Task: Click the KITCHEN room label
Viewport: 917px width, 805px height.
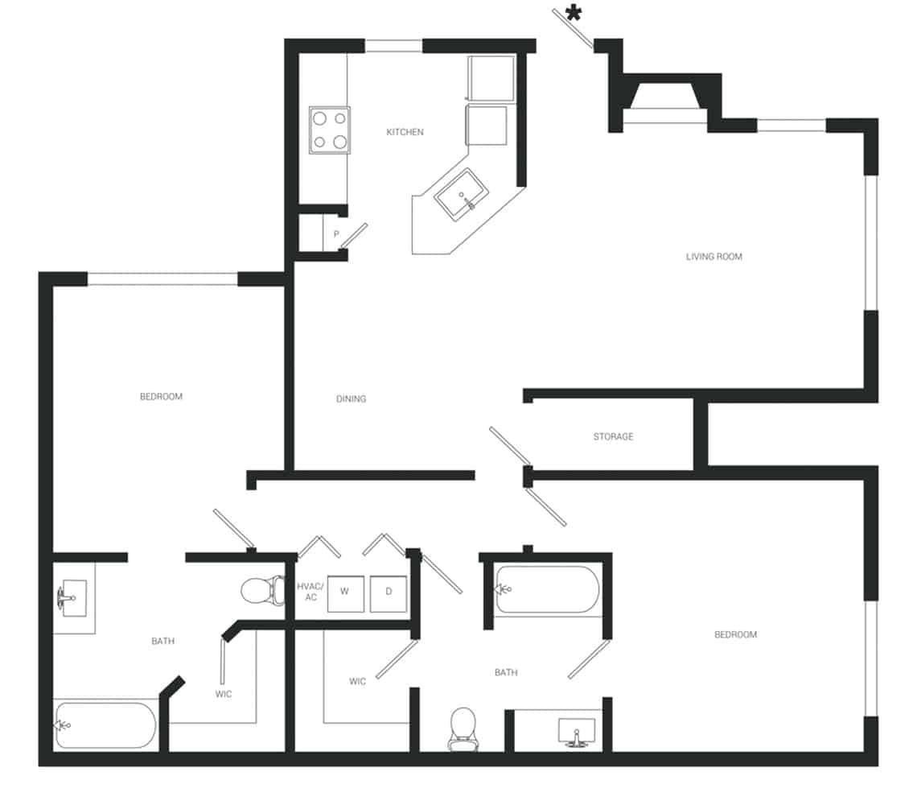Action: (405, 132)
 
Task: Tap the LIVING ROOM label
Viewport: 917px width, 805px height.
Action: (713, 257)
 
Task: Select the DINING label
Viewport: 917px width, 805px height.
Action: (352, 399)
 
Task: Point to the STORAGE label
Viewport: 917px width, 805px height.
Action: (613, 436)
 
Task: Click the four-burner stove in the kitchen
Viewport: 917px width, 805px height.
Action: (330, 130)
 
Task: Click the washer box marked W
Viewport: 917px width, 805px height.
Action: (344, 592)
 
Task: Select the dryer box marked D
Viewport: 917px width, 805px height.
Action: (389, 592)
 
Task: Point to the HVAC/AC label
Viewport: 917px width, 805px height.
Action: (310, 592)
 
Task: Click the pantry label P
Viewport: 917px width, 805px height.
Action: (336, 234)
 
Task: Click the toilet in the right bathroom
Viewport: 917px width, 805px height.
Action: (462, 726)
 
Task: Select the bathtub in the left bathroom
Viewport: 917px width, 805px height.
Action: (105, 725)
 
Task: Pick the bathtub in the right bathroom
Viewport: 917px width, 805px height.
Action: (548, 589)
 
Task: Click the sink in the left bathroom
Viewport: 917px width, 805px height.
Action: (72, 598)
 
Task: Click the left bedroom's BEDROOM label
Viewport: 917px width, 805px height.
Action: (161, 397)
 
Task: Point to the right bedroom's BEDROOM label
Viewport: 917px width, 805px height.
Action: (735, 635)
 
